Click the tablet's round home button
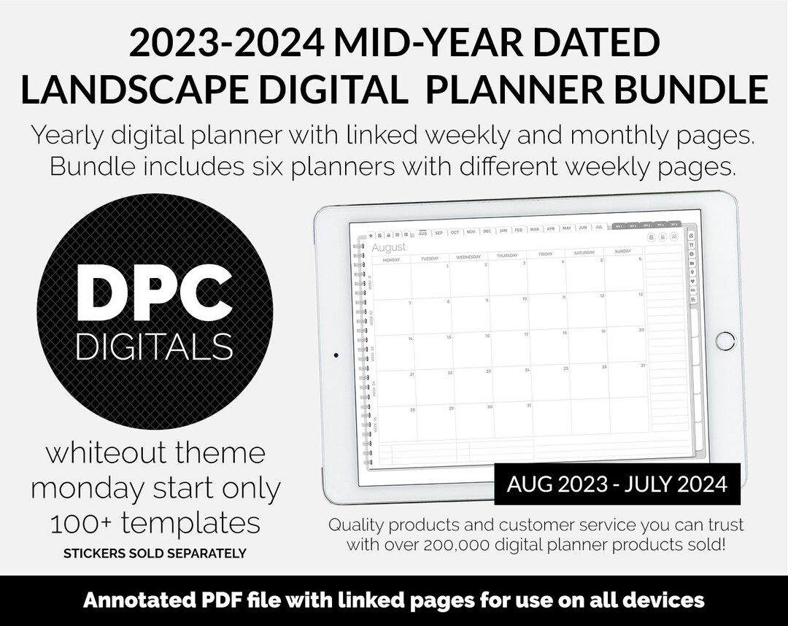(x=725, y=340)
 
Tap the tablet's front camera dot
(x=335, y=356)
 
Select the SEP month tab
(x=439, y=233)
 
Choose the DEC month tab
(x=487, y=231)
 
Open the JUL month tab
(x=598, y=228)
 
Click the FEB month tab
(x=519, y=230)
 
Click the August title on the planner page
(x=389, y=248)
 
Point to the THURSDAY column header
(x=506, y=255)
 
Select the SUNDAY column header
(x=622, y=252)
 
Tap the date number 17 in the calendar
(x=525, y=334)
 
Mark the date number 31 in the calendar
(x=529, y=405)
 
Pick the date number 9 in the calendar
(x=487, y=299)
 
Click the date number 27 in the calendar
(x=642, y=365)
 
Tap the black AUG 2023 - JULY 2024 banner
(x=617, y=484)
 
